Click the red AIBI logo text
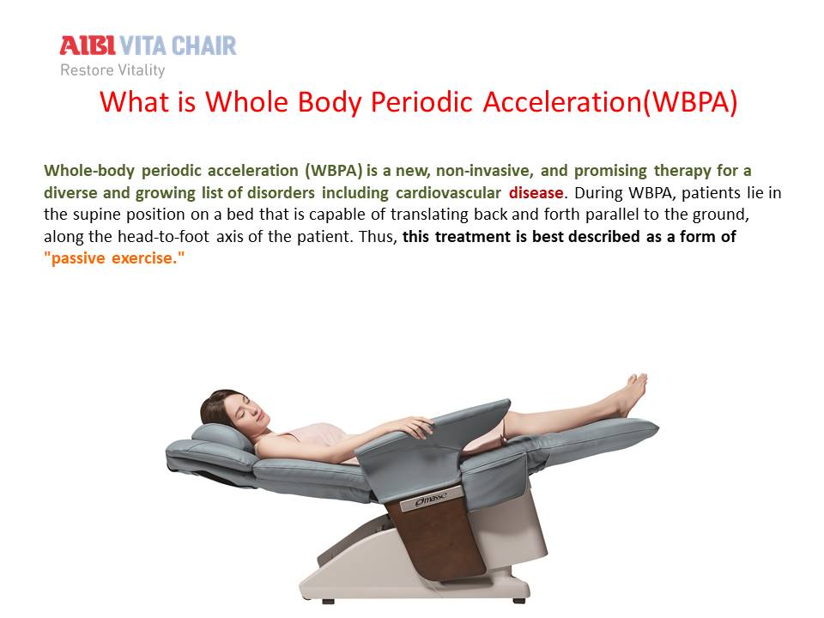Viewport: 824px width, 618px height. tap(88, 45)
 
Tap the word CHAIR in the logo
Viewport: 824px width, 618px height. tap(204, 45)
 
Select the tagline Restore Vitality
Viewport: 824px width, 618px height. tap(112, 70)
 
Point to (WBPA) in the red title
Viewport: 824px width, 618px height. tap(690, 102)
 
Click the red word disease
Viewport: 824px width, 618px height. tap(536, 193)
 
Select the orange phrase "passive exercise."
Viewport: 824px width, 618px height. tap(114, 258)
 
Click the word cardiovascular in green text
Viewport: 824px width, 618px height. tap(448, 193)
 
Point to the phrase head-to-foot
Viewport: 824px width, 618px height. tap(163, 237)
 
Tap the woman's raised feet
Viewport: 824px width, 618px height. tap(633, 391)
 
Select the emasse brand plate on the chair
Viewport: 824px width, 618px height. tap(431, 499)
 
